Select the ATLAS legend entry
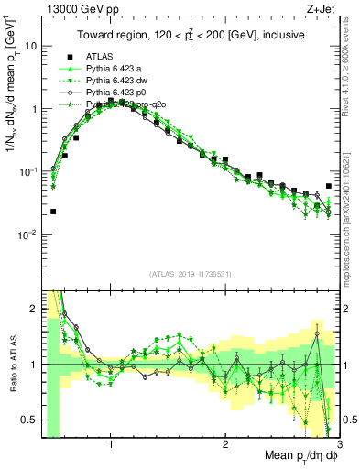pyautogui.click(x=100, y=55)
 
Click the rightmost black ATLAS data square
pyautogui.click(x=329, y=186)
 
